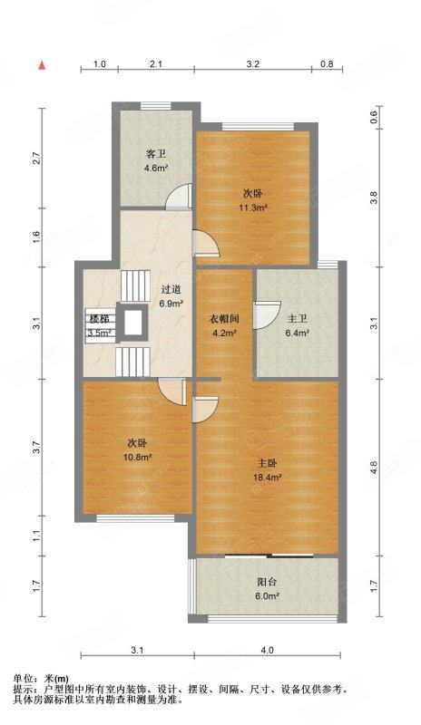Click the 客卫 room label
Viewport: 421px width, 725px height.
pyautogui.click(x=156, y=153)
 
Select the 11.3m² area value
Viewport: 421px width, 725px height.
pyautogui.click(x=252, y=208)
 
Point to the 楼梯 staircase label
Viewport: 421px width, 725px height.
pyautogui.click(x=99, y=319)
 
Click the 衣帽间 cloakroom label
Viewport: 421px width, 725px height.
pyautogui.click(x=224, y=319)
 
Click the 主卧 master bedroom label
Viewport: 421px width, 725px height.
pyautogui.click(x=268, y=463)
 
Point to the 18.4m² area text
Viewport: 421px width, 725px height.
pyautogui.click(x=268, y=477)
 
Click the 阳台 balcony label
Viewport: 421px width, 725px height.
pyautogui.click(x=268, y=583)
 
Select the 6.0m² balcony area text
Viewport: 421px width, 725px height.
pyautogui.click(x=268, y=596)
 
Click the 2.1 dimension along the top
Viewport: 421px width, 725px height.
pyautogui.click(x=156, y=64)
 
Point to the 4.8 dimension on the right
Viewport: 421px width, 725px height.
pyautogui.click(x=373, y=468)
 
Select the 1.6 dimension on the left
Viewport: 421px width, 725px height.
pyautogui.click(x=36, y=238)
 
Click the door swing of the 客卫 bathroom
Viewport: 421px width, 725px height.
pyautogui.click(x=184, y=195)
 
